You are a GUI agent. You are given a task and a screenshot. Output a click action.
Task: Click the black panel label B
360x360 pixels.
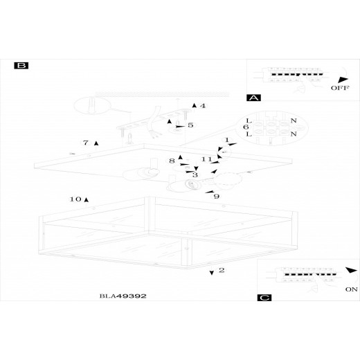pos(21,66)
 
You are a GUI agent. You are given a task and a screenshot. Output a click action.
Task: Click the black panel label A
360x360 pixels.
pos(253,98)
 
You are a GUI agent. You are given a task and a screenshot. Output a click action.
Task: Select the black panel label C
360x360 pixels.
pos(264,298)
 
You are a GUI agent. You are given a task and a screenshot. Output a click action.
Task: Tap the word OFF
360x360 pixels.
pos(340,88)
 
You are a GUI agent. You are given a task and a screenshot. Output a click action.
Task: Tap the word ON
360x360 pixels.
pos(351,289)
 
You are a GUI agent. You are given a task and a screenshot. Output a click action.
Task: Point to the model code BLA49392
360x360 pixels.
pos(123,296)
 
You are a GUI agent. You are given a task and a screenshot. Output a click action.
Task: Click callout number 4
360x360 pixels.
pos(202,106)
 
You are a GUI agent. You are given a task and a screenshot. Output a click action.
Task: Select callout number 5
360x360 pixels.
pos(190,125)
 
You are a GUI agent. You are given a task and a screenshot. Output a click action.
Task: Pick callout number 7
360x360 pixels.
pos(86,143)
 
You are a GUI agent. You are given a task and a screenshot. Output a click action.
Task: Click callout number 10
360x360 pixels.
pos(75,199)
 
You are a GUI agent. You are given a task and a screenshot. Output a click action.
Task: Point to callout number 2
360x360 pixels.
pos(222,270)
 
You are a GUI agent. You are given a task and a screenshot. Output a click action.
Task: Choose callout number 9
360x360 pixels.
pos(217,197)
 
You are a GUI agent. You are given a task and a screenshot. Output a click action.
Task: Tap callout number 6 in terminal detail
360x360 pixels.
pos(246,127)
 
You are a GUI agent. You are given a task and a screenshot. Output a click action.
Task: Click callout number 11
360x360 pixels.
pos(206,159)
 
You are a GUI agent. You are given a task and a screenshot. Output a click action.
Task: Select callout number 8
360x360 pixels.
pos(172,161)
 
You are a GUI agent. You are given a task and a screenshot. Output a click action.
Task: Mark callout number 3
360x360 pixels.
pos(195,174)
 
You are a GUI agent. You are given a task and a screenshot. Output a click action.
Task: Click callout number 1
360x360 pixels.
pos(227,140)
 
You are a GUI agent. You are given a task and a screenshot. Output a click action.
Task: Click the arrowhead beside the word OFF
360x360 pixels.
pos(343,80)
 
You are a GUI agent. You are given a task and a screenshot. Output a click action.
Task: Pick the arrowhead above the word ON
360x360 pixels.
pos(351,270)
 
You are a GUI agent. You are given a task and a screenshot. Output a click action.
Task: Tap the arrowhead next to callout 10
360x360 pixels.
pos(87,200)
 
